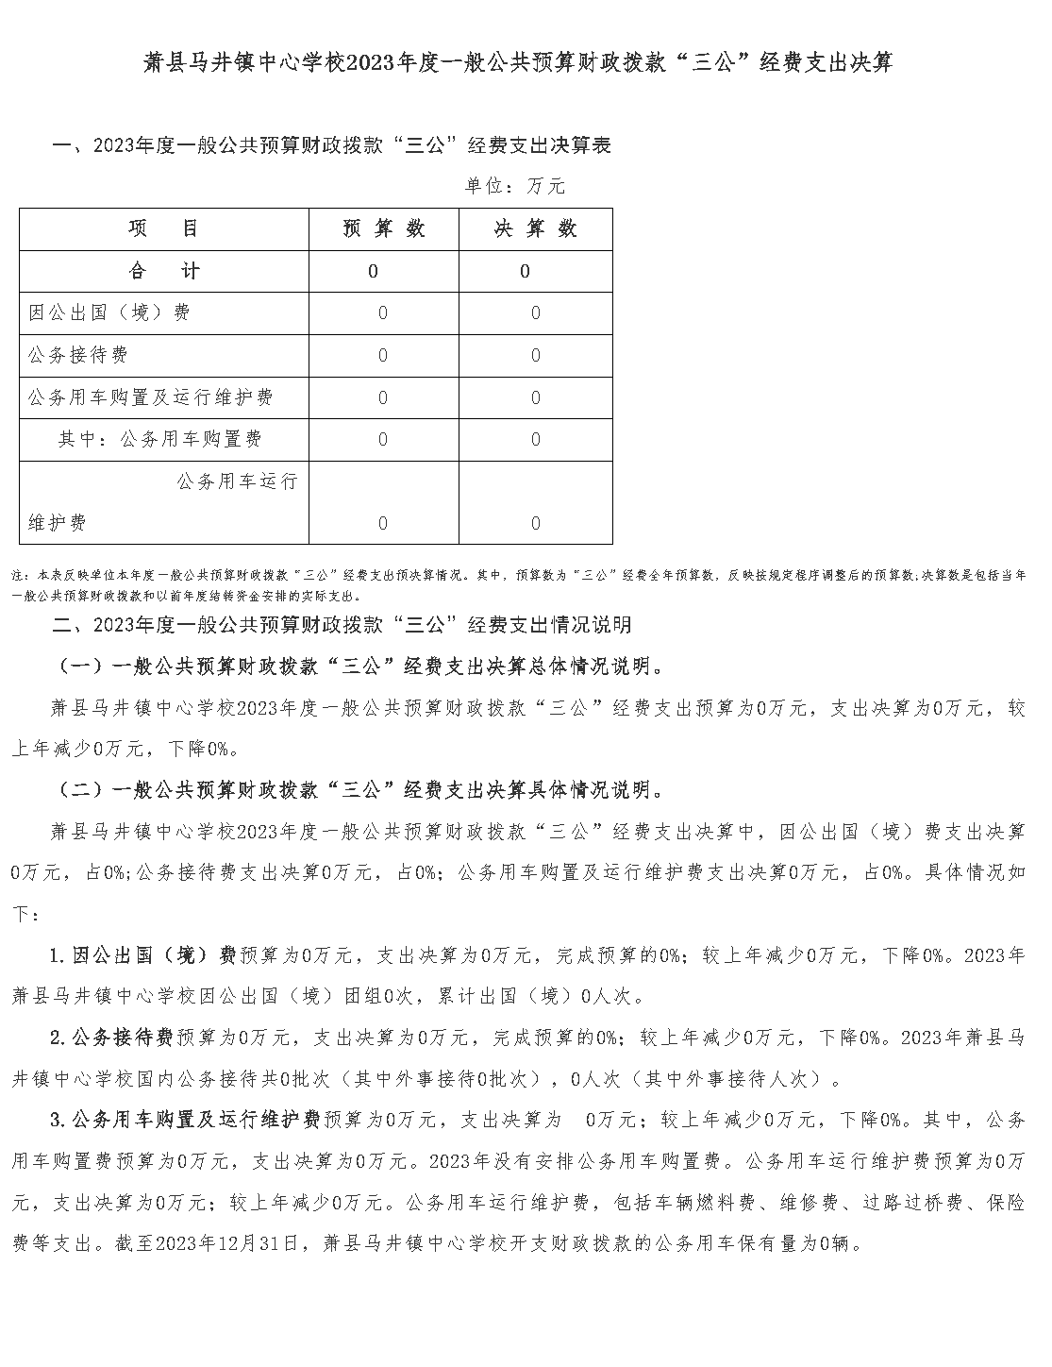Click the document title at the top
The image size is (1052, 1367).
click(x=518, y=63)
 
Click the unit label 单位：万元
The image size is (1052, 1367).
click(x=515, y=186)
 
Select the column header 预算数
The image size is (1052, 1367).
click(x=384, y=229)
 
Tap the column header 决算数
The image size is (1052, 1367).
click(x=536, y=229)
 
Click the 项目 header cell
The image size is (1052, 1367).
click(x=164, y=229)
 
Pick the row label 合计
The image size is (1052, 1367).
click(x=164, y=272)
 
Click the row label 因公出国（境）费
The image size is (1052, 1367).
click(x=109, y=312)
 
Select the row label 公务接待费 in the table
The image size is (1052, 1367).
click(x=78, y=355)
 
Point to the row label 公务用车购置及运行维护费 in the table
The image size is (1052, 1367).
click(x=151, y=397)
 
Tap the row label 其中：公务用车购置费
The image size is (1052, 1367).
click(x=159, y=439)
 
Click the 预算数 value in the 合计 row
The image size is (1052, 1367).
click(x=374, y=272)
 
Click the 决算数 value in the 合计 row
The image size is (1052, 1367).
click(x=526, y=272)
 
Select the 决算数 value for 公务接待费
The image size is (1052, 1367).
click(x=536, y=356)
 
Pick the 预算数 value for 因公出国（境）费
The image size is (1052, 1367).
click(x=383, y=313)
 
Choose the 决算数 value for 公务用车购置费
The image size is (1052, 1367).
click(x=536, y=440)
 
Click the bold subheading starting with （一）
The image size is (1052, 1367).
click(x=361, y=667)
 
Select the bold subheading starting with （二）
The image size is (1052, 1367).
click(x=361, y=790)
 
